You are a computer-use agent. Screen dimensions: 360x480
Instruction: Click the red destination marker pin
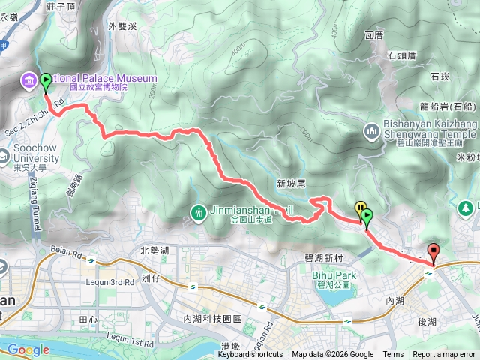[x=433, y=252]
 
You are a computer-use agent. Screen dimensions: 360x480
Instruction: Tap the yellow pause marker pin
[x=361, y=209]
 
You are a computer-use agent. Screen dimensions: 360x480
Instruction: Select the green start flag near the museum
[x=46, y=81]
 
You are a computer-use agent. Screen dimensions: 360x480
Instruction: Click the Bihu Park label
[x=334, y=275]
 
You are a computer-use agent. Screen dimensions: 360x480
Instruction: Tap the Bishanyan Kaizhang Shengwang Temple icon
[x=373, y=133]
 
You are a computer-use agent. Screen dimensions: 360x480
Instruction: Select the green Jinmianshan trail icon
[x=198, y=214]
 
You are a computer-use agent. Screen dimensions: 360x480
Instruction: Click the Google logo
[x=28, y=349]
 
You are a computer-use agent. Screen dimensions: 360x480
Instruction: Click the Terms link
[x=392, y=355]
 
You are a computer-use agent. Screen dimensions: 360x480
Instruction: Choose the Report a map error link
[x=444, y=355]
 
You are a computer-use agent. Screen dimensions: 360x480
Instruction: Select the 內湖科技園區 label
[x=211, y=319]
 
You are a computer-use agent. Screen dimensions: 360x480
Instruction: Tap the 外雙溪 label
[x=121, y=26]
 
